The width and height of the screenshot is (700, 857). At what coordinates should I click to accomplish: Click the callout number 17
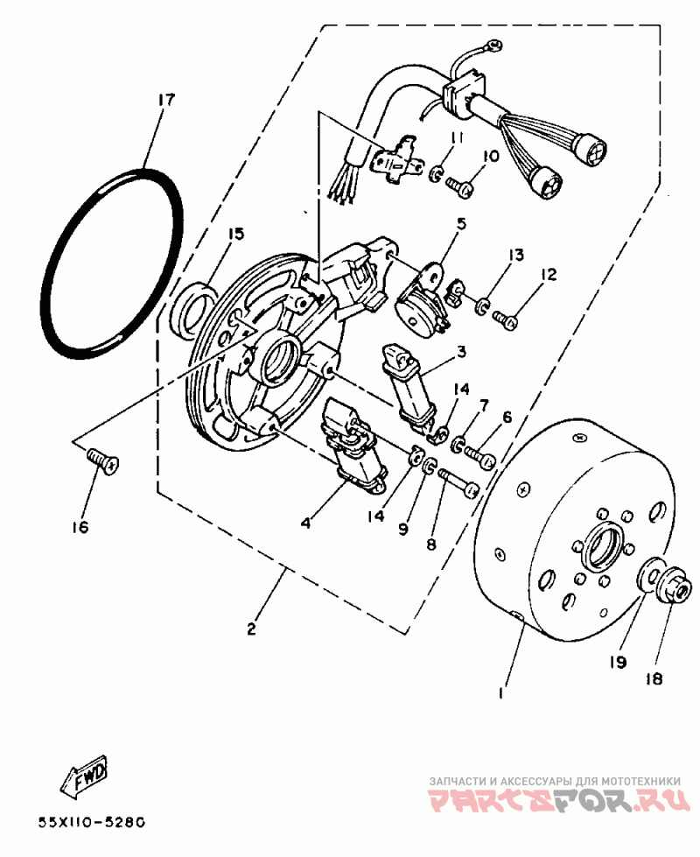coord(165,99)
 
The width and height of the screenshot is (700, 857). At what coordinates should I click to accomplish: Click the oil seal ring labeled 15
coord(192,307)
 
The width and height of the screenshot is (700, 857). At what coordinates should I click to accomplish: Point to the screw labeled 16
coord(102,460)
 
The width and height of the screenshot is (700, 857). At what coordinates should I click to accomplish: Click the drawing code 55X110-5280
coord(91,823)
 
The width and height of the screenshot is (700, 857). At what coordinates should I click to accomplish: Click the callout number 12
coord(548,275)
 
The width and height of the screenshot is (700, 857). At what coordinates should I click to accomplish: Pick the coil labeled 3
coord(409,385)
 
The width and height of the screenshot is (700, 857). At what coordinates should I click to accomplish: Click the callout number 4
coord(306,523)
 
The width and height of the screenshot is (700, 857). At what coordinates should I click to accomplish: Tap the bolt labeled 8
coord(459,482)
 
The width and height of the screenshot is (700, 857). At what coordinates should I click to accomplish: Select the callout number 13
coord(516,256)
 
